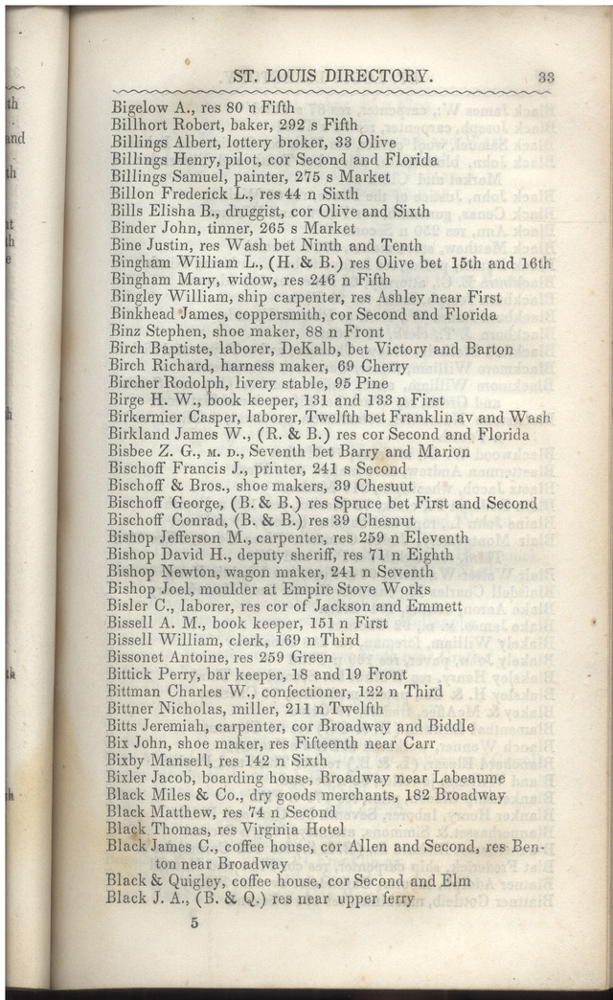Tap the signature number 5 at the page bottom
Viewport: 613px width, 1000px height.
(193, 923)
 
